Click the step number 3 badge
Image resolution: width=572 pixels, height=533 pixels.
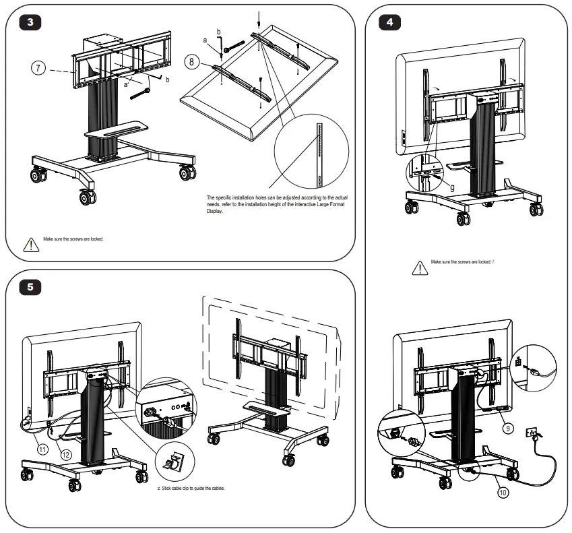click(x=30, y=21)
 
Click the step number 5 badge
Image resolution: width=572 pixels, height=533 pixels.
click(x=30, y=286)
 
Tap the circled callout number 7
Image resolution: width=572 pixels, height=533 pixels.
click(x=38, y=67)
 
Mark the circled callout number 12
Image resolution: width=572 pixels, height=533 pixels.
click(x=66, y=456)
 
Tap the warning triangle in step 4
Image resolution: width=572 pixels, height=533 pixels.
click(x=419, y=268)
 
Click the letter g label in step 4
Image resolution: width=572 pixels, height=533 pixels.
click(x=451, y=187)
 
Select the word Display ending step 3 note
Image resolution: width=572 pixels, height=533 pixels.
click(x=214, y=211)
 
